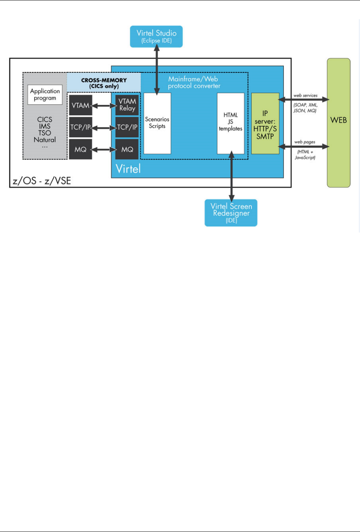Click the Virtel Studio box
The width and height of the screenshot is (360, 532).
pos(156,37)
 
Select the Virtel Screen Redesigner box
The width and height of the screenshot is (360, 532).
pos(231,213)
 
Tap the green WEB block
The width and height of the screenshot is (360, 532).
pos(338,122)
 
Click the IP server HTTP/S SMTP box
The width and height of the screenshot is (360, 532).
pos(265,124)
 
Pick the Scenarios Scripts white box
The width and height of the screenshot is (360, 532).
pos(157,123)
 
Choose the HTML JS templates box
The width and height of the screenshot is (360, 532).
pos(230,123)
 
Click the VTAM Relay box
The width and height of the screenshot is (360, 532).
pos(127,105)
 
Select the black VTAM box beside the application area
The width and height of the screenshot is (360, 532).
pos(80,105)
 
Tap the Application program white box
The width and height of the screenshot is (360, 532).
pos(45,95)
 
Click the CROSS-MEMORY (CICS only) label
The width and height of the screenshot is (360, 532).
pos(104,83)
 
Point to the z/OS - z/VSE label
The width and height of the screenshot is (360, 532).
pos(42,181)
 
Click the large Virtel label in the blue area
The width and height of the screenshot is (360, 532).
pos(128,169)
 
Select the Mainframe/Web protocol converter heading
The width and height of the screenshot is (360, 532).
pos(194,82)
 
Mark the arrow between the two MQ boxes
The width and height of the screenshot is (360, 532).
pos(104,149)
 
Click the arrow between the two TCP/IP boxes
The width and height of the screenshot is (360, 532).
pos(104,127)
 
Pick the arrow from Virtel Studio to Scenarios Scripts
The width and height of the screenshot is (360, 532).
pos(157,69)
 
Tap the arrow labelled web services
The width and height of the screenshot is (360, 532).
pos(304,100)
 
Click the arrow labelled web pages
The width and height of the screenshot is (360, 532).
pos(304,146)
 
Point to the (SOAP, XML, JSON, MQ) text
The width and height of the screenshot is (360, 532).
pos(305,108)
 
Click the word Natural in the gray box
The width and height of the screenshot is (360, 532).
pos(45,140)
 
